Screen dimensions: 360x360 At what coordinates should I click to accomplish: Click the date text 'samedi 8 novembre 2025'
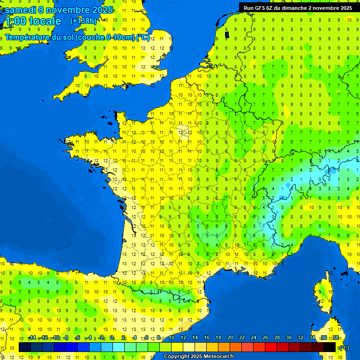pyautogui.click(x=59, y=10)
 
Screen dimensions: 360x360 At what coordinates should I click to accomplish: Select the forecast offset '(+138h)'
pyautogui.click(x=83, y=21)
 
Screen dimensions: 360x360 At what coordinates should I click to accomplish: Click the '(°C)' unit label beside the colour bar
pyautogui.click(x=344, y=348)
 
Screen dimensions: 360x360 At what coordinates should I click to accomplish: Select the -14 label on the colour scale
pyautogui.click(x=32, y=338)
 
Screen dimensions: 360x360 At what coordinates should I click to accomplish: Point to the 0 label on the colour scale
pyautogui.click(x=112, y=338)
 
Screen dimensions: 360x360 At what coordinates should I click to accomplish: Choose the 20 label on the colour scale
pyautogui.click(x=230, y=338)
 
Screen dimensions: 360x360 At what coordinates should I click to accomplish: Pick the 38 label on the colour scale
pyautogui.click(x=336, y=338)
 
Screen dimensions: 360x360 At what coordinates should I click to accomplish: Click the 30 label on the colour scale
pyautogui.click(x=289, y=338)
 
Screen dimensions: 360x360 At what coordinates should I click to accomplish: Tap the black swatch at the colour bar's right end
pyautogui.click(x=330, y=347)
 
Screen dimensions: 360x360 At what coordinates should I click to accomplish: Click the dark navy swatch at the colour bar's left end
pyautogui.click(x=25, y=347)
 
